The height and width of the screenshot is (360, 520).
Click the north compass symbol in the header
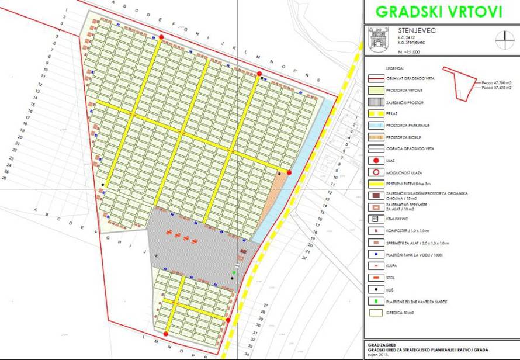click(x=504, y=40)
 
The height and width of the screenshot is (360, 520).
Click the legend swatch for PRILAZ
click(x=376, y=113)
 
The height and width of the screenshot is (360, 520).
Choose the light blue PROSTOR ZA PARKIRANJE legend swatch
click(x=376, y=124)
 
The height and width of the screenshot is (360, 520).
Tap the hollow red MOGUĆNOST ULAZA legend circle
click(x=376, y=172)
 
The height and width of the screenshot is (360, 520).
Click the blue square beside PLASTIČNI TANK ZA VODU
click(x=376, y=254)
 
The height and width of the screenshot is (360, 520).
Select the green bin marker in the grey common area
click(x=234, y=272)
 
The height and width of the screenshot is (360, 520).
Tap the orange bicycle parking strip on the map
click(x=281, y=187)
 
